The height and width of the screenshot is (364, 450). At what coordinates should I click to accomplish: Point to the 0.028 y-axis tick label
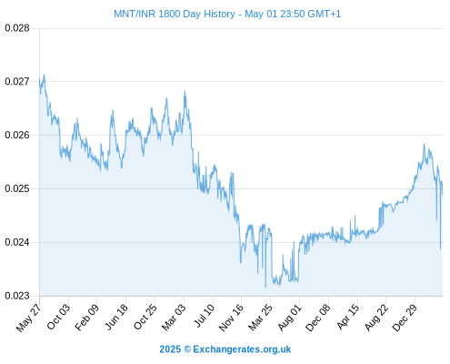[17, 28]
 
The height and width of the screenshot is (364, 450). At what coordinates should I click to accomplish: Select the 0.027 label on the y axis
[17, 81]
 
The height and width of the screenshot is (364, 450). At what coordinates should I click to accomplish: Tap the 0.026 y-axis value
[17, 135]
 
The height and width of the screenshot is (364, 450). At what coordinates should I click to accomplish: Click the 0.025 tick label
[17, 188]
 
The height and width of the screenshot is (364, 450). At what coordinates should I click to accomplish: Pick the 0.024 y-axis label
[17, 242]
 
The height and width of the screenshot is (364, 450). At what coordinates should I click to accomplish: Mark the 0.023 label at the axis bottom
[17, 296]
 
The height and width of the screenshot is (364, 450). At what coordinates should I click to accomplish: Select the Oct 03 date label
[58, 317]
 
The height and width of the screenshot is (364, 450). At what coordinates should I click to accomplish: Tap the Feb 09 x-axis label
[86, 318]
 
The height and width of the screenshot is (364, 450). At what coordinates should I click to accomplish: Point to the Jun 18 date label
[116, 317]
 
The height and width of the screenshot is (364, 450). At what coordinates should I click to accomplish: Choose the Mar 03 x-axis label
[174, 318]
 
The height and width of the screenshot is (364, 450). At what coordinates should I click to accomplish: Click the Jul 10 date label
[205, 316]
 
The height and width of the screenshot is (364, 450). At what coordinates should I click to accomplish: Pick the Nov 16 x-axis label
[231, 318]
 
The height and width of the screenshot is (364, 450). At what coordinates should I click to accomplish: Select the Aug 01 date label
[290, 318]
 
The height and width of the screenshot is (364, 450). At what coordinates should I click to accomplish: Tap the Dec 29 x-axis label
[405, 318]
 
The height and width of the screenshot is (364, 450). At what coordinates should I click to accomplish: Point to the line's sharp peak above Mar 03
[185, 91]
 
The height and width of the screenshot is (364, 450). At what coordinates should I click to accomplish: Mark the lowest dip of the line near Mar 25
[265, 288]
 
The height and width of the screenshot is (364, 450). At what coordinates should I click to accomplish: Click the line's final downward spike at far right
[440, 248]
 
